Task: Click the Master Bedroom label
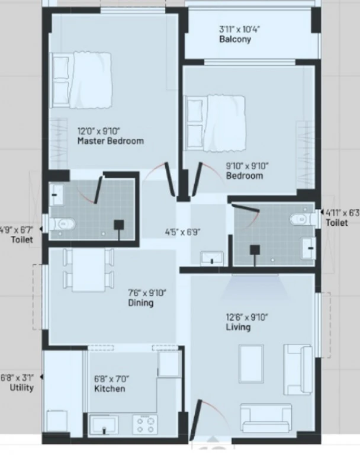pyautogui.click(x=111, y=141)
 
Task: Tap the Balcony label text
pyautogui.click(x=235, y=39)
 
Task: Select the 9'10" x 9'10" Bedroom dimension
pyautogui.click(x=247, y=166)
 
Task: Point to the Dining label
pyautogui.click(x=141, y=303)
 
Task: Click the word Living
pyautogui.click(x=238, y=327)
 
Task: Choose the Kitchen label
pyautogui.click(x=110, y=389)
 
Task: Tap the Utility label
pyautogui.click(x=22, y=387)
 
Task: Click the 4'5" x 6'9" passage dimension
pyautogui.click(x=183, y=232)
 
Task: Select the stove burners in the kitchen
pyautogui.click(x=145, y=425)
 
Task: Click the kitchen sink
pyautogui.click(x=104, y=425)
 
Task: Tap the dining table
pyautogui.click(x=88, y=270)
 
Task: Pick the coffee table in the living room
pyautogui.click(x=251, y=364)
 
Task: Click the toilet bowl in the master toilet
pyautogui.click(x=63, y=224)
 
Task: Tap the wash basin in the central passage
pyautogui.click(x=212, y=258)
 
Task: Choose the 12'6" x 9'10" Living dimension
pyautogui.click(x=247, y=317)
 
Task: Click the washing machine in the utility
pyautogui.click(x=57, y=422)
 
